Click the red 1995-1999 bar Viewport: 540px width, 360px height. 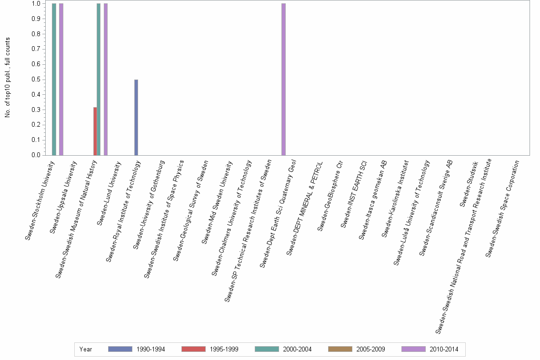95,131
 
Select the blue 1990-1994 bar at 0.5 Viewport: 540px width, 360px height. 136,117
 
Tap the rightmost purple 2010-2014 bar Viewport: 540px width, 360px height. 284,79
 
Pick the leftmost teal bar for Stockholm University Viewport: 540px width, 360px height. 54,79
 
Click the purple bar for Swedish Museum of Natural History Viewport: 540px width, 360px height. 106,79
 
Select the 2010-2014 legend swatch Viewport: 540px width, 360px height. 414,349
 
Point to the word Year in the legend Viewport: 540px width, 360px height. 86,349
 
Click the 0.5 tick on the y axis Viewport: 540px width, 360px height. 36,80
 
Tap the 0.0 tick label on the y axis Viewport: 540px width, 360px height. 36,155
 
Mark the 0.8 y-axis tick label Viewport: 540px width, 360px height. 36,34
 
